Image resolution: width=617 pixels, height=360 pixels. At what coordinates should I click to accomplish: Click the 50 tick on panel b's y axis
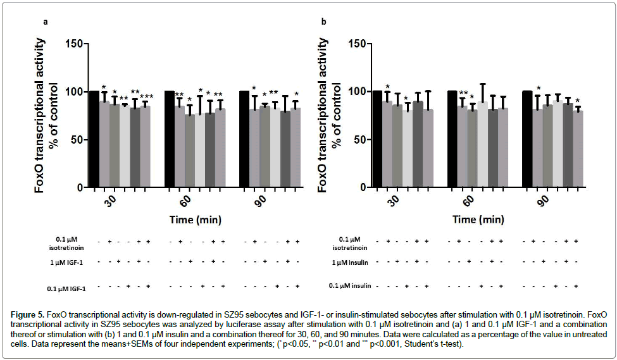360,140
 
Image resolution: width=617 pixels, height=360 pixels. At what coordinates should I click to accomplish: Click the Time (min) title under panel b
477,220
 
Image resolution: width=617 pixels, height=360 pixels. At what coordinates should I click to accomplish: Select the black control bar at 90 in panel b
527,139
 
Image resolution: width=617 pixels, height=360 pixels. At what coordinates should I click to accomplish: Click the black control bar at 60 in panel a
170,139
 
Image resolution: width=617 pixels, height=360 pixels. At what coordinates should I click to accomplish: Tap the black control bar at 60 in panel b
452,139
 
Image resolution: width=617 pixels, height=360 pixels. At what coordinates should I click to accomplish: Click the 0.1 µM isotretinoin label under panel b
349,243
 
